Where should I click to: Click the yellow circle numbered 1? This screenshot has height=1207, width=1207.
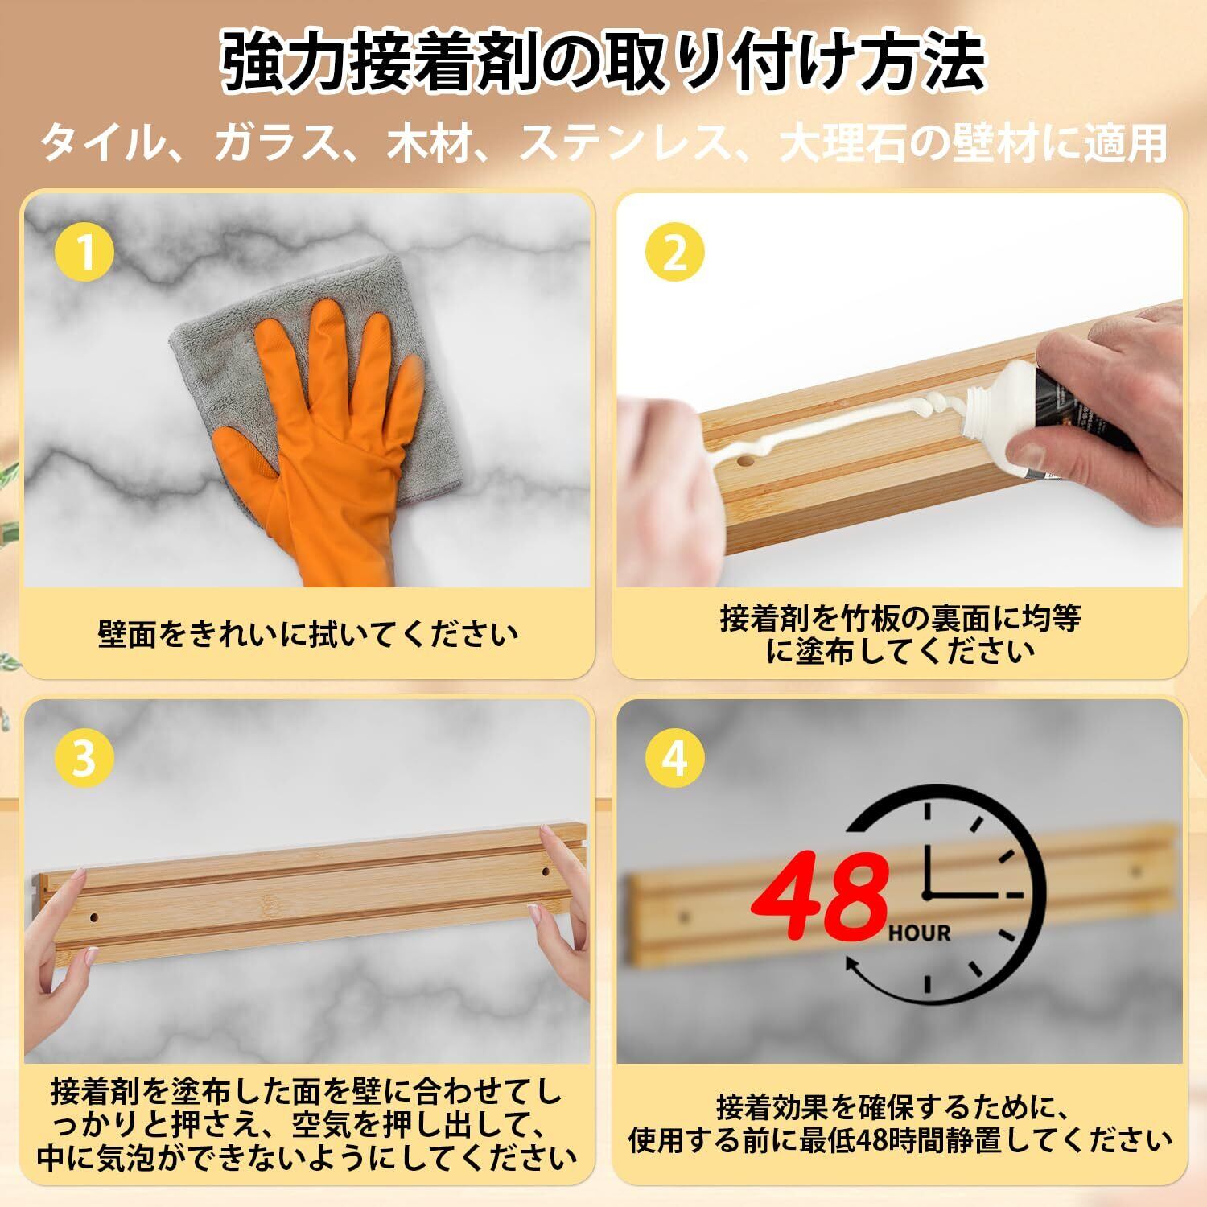coord(84,253)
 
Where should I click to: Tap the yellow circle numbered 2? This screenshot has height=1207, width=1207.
coord(675,253)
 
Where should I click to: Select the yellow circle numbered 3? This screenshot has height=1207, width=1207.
coord(84,758)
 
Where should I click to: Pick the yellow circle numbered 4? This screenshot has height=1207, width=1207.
coord(675,758)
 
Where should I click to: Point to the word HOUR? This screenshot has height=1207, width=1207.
coord(920,933)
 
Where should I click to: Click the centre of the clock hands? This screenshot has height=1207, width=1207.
coord(927,894)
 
